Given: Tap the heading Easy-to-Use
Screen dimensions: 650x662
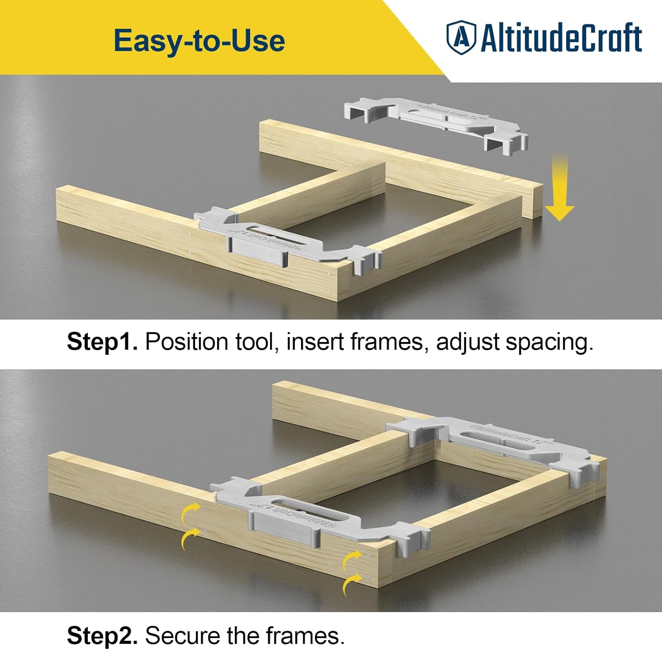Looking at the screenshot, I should tap(199, 41).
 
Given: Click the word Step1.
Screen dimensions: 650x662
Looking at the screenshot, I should tap(102, 342).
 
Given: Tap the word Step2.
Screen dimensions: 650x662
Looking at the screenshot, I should tap(102, 635).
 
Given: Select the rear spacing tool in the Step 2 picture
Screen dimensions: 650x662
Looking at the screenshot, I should tap(499, 446).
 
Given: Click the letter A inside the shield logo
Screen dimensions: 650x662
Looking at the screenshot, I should tap(460, 37).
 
